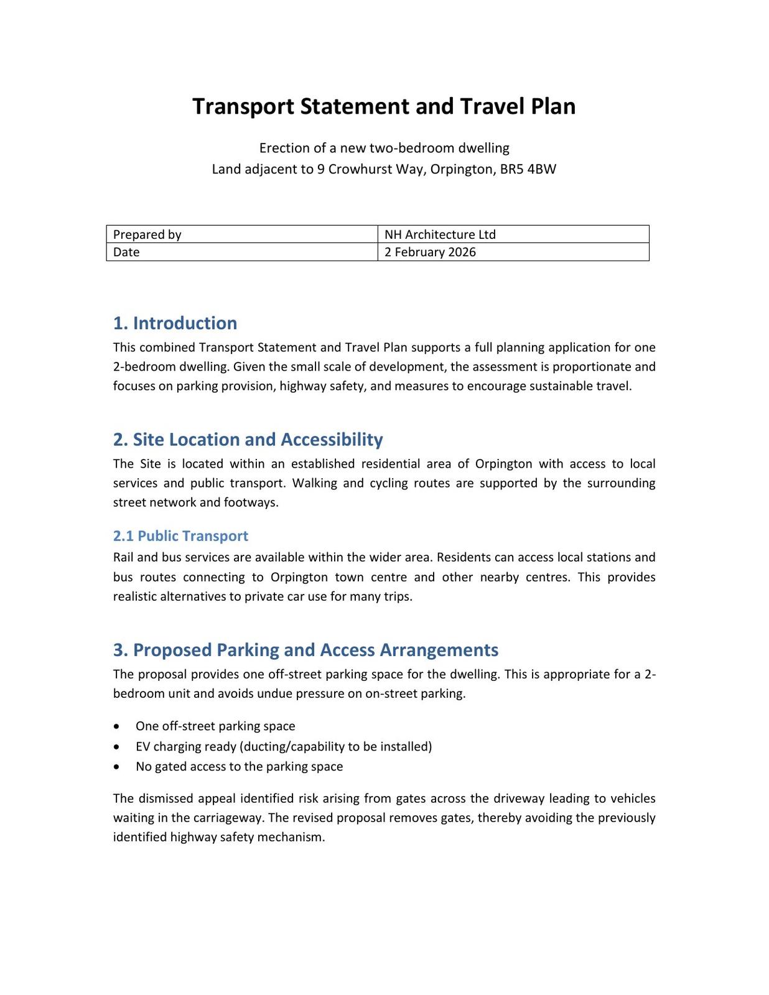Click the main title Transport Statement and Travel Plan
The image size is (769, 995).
click(x=384, y=106)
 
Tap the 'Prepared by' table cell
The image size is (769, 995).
click(x=241, y=234)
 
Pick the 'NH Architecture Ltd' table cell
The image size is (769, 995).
click(x=513, y=234)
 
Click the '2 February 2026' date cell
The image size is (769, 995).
click(x=513, y=252)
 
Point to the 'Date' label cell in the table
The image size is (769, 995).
click(x=241, y=252)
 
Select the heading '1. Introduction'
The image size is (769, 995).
click(x=175, y=323)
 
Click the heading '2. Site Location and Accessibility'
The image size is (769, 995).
click(x=248, y=440)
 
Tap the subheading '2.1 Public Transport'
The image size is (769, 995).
click(x=180, y=536)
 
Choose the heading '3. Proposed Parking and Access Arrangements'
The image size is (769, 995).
click(x=305, y=650)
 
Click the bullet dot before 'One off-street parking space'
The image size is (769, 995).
click(x=117, y=726)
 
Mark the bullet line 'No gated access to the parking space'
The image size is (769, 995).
click(x=239, y=766)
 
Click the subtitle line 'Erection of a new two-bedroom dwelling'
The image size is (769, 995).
click(x=384, y=148)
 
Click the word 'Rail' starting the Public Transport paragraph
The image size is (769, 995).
click(x=123, y=557)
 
